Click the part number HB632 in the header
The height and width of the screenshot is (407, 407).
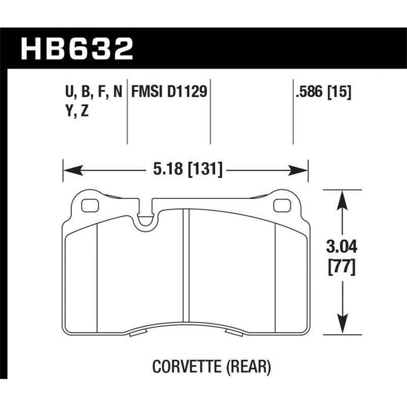coord(76,50)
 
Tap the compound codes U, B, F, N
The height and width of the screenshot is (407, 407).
coord(91,93)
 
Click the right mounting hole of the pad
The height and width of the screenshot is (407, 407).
coord(280,206)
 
